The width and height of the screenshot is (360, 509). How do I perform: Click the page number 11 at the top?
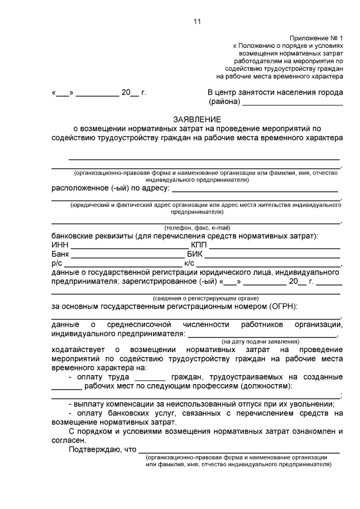point(197,21)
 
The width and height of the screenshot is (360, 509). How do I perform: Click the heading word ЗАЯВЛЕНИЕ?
point(197,119)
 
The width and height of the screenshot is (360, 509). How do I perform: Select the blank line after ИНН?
point(129,246)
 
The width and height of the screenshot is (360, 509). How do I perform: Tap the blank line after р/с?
point(123,264)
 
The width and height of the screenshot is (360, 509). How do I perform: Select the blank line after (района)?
point(292,103)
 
